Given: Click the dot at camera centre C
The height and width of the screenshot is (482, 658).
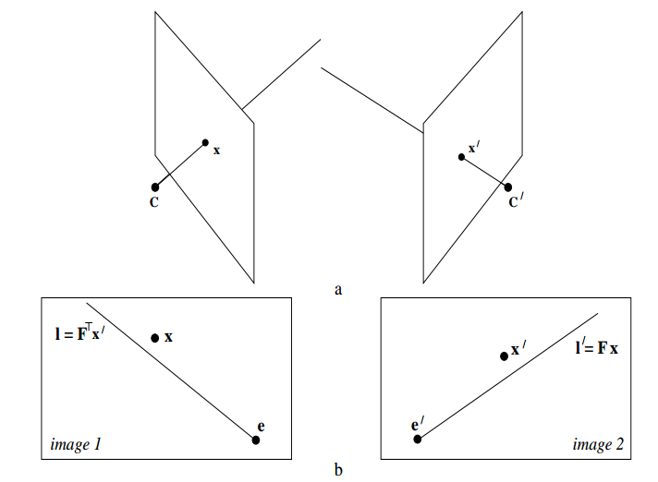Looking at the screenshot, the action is [155, 187].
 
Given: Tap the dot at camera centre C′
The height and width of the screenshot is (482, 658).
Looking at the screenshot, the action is [507, 187].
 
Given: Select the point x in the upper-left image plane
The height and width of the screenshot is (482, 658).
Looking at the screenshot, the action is [206, 142].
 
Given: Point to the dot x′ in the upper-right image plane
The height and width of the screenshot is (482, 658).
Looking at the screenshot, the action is [461, 157].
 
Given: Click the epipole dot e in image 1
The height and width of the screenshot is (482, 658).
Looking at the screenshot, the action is [256, 440].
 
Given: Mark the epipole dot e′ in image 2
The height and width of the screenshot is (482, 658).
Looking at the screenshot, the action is [417, 439].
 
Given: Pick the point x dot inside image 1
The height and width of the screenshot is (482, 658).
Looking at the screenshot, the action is [155, 338].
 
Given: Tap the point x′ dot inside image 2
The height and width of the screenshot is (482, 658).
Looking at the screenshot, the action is [504, 355].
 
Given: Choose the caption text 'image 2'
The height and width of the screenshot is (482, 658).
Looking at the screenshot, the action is [597, 446].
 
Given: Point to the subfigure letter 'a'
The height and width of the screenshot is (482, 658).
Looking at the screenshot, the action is [339, 290].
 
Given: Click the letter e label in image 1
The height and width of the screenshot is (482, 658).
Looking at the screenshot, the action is [262, 426].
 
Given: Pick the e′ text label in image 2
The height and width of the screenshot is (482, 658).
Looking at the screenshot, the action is [418, 425].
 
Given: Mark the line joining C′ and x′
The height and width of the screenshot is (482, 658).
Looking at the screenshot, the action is [484, 172].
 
